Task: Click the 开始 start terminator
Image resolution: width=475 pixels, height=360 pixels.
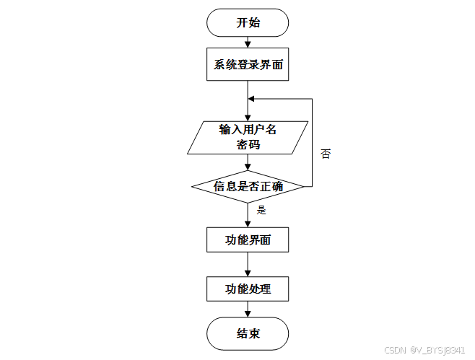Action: [x=248, y=22]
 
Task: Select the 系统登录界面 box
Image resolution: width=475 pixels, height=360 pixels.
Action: [x=248, y=65]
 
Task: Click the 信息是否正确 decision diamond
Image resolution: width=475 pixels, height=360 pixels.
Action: [x=248, y=186]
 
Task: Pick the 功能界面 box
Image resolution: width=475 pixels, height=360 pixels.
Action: [x=248, y=240]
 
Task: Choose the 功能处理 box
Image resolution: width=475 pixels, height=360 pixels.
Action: [x=248, y=289]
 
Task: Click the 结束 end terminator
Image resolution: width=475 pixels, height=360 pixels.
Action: [x=248, y=335]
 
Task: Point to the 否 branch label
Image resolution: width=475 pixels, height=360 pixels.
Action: [x=326, y=154]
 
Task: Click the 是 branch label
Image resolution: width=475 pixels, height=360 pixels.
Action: [x=261, y=211]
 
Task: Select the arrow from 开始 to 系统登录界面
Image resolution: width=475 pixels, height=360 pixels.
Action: [x=248, y=43]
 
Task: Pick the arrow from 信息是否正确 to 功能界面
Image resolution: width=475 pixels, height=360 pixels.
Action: [x=248, y=215]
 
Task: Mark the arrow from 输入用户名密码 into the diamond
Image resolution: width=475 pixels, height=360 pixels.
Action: [x=248, y=162]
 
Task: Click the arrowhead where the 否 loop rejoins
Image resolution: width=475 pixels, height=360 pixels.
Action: [x=251, y=99]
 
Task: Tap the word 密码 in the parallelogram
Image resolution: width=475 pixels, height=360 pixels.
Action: [x=248, y=145]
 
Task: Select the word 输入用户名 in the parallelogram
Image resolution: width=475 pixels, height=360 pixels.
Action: [x=248, y=130]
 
